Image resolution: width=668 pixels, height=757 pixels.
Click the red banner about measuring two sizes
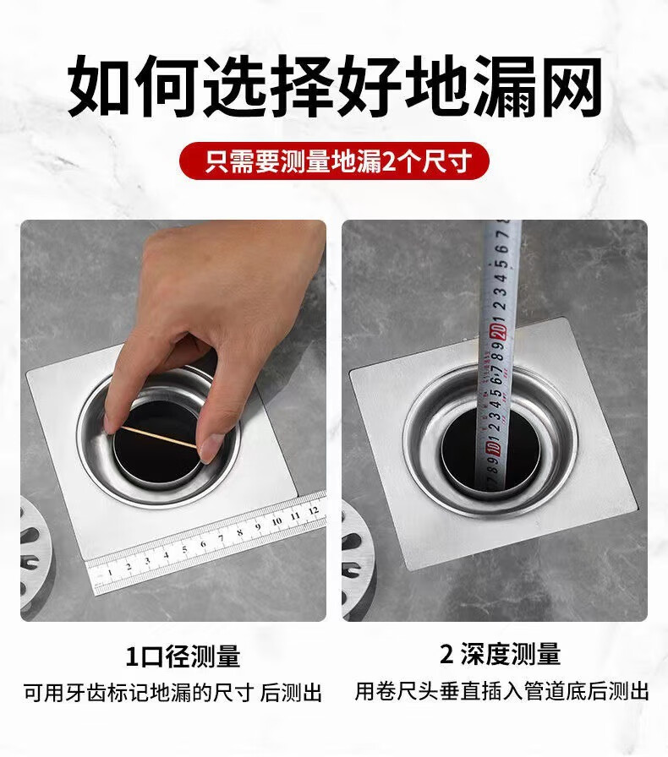[x=334, y=161]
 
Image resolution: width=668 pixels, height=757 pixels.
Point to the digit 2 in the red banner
[x=389, y=161]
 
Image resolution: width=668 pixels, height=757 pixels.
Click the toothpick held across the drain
[x=159, y=438]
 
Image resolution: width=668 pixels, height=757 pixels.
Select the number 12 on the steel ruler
[x=313, y=509]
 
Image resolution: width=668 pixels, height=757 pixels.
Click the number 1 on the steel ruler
[x=110, y=573]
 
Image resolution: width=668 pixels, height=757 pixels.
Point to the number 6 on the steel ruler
[x=204, y=544]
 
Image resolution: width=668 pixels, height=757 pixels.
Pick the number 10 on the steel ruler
[x=277, y=521]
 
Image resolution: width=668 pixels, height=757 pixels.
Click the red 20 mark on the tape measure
[x=498, y=332]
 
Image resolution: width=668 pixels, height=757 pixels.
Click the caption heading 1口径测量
[x=183, y=656]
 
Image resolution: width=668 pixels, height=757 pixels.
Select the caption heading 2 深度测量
[x=500, y=655]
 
